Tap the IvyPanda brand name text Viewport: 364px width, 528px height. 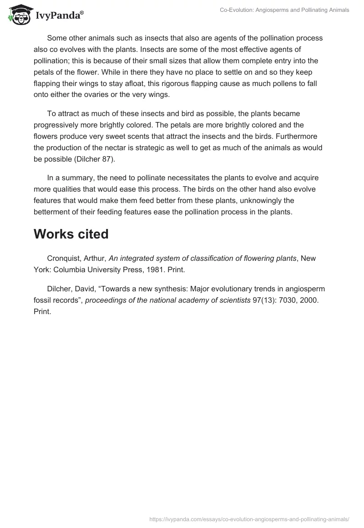click(x=59, y=16)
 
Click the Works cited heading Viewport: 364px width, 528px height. click(x=71, y=234)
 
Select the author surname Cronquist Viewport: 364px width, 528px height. click(x=64, y=258)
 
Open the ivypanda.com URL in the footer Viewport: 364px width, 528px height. click(x=249, y=518)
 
